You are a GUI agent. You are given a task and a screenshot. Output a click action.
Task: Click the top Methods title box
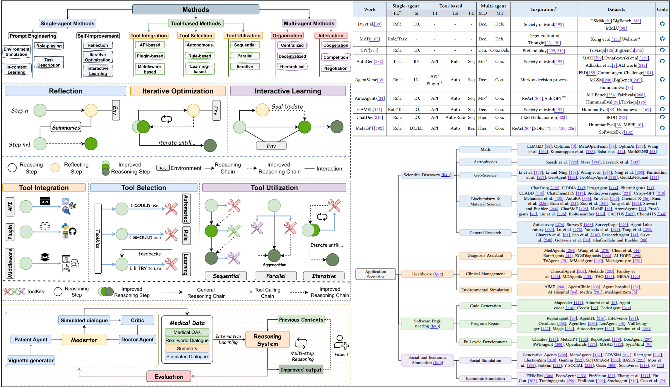click(196, 10)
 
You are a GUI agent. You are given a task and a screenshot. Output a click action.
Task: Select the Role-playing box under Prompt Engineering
click(49, 46)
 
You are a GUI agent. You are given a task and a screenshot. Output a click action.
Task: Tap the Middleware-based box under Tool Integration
click(150, 69)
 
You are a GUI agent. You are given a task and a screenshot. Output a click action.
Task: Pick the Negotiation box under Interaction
click(335, 68)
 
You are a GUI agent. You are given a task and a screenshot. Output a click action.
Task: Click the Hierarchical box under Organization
click(292, 67)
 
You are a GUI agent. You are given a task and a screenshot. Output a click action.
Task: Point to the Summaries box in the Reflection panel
click(66, 127)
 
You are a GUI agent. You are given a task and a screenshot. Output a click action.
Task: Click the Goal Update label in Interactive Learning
click(287, 107)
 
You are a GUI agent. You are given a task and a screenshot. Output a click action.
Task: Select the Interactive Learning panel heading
click(288, 91)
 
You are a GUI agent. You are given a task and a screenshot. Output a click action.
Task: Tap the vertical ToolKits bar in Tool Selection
click(98, 238)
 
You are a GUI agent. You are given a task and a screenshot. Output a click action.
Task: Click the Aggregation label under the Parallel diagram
click(274, 265)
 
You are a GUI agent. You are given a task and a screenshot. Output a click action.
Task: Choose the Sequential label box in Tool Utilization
click(226, 276)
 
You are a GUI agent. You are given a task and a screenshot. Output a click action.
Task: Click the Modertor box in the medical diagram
click(84, 340)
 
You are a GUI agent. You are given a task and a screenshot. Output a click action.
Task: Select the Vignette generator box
click(31, 360)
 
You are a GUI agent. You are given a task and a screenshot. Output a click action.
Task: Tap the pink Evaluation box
click(169, 377)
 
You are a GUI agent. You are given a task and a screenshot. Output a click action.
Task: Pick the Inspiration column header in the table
click(544, 9)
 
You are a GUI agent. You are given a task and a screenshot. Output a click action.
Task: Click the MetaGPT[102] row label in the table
click(369, 128)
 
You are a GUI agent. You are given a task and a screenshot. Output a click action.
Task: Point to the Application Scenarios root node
click(376, 274)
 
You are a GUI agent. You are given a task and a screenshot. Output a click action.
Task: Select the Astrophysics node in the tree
click(485, 162)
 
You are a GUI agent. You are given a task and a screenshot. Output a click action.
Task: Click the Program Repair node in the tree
click(485, 323)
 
